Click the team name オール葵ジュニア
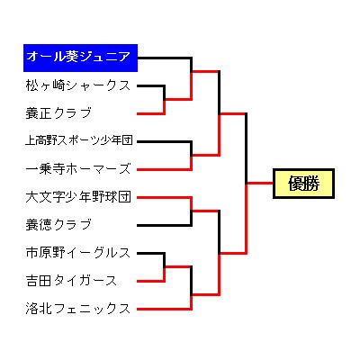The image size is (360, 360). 78,57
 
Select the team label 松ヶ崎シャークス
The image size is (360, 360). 78,85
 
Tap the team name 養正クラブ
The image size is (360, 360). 58,113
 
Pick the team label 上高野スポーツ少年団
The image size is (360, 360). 79,140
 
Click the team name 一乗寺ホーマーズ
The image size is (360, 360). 78,168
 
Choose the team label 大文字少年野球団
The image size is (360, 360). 78,197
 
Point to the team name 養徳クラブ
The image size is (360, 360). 58,224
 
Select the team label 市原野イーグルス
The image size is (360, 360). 78,253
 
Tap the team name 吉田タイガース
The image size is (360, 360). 71,281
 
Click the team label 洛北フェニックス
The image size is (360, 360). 78,309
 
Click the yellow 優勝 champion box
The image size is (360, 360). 303,184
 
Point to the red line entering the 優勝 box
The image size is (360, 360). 260,183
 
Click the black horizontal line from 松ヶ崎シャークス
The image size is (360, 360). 151,85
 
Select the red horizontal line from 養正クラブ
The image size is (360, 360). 151,113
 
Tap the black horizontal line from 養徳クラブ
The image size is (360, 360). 164,225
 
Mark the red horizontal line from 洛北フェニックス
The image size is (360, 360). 164,309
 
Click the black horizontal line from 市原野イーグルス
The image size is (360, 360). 151,253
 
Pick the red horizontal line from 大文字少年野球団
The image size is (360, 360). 164,197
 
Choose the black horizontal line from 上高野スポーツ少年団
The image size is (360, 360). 164,141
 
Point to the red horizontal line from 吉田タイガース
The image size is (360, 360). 151,281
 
